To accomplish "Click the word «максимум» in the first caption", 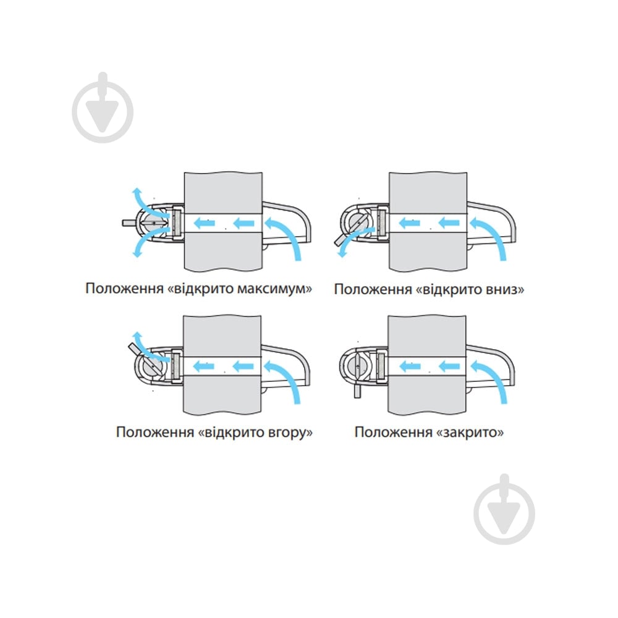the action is (274, 289).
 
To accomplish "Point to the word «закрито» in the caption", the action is (470, 433).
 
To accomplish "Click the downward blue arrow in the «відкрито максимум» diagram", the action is (146, 242).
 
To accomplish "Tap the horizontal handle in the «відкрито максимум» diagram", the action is (129, 222).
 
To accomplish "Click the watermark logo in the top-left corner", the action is (103, 108).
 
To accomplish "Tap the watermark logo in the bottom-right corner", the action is (504, 510).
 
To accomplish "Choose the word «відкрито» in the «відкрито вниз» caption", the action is (451, 290).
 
